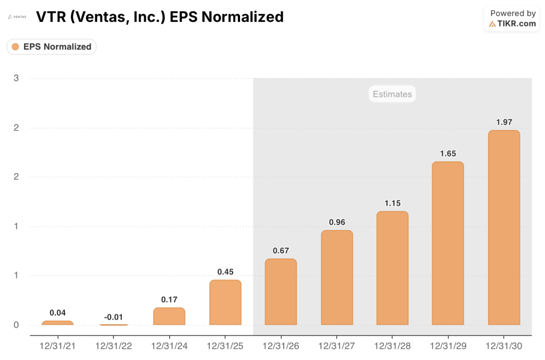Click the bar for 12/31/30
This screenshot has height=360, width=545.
[503, 227]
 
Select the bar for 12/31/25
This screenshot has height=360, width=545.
[225, 302]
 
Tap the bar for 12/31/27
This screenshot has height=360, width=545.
[336, 277]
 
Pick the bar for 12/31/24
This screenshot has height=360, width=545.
[169, 316]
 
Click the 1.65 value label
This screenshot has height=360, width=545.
[448, 153]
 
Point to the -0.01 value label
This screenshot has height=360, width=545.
[113, 317]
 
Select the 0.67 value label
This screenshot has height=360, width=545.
[280, 251]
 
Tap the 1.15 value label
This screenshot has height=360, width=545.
[392, 203]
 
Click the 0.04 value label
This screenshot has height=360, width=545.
[57, 313]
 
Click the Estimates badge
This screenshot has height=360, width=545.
[392, 94]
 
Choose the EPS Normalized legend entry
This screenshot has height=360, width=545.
[52, 47]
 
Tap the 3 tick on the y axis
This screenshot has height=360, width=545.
[16, 78]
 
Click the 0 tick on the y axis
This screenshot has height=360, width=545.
[16, 325]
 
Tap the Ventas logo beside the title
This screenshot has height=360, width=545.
[17, 17]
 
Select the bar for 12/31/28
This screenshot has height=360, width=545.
[392, 268]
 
